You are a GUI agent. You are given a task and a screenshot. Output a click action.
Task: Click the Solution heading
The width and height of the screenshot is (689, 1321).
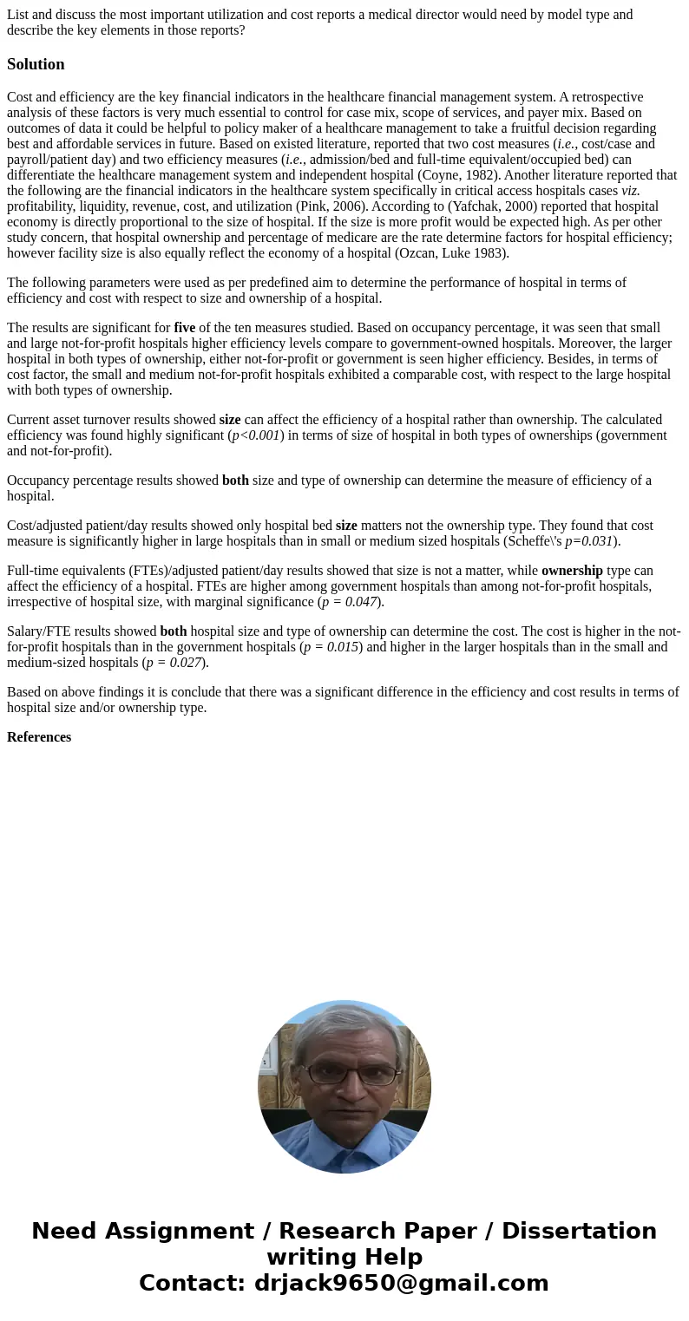(36, 64)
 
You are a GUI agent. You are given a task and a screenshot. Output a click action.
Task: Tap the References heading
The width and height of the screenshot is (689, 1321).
(39, 737)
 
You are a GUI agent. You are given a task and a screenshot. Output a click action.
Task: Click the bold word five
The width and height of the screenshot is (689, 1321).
(184, 328)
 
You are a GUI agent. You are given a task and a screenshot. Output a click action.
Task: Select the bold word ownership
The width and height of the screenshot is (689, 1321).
(572, 571)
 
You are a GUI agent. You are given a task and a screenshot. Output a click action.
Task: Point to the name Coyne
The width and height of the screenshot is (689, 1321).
(440, 175)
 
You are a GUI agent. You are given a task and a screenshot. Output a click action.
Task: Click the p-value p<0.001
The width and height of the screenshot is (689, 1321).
(256, 435)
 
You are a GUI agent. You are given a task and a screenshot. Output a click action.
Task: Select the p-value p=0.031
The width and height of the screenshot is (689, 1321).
(589, 541)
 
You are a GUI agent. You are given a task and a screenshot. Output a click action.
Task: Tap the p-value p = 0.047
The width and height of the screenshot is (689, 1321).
(350, 602)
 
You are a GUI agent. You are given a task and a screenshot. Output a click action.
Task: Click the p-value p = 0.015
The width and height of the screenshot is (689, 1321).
(331, 647)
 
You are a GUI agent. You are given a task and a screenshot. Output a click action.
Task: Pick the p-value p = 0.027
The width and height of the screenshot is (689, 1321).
(174, 663)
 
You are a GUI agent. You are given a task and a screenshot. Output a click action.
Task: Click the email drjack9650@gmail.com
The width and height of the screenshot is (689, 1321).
(401, 1283)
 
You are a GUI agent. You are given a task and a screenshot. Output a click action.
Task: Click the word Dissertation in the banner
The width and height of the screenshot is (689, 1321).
(579, 1231)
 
